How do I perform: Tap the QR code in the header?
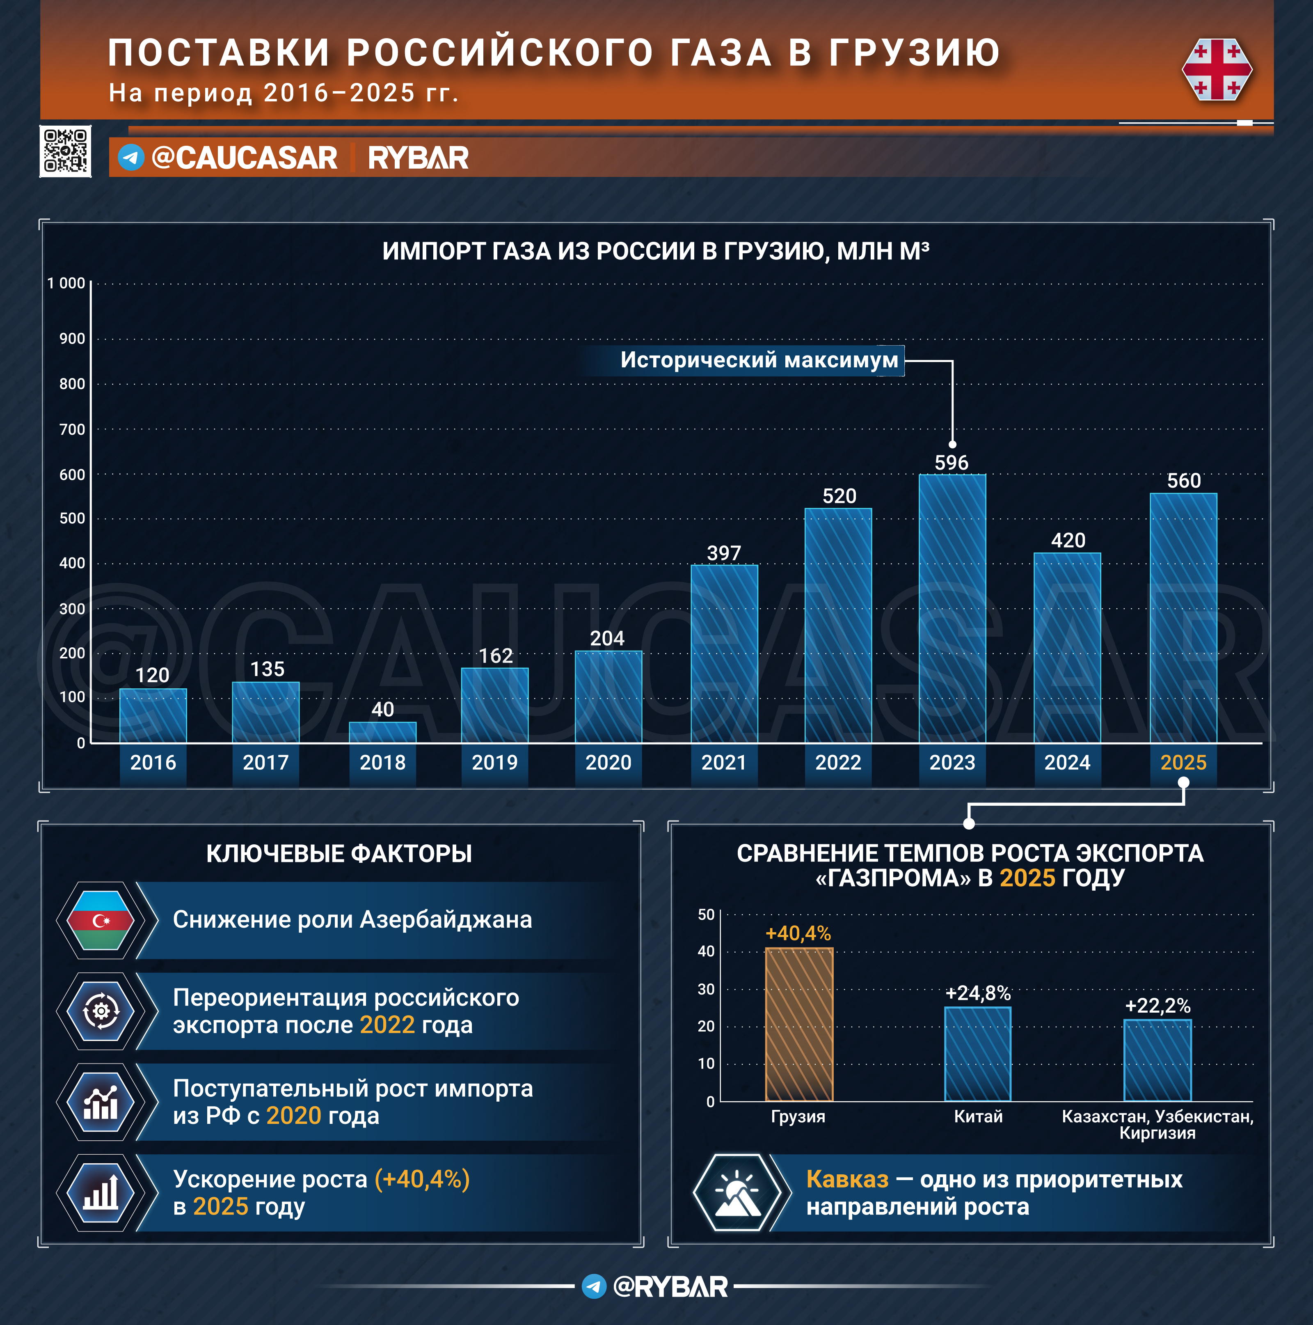pyautogui.click(x=65, y=151)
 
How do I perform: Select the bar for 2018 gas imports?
pyautogui.click(x=382, y=732)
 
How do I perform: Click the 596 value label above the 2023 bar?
pyautogui.click(x=952, y=463)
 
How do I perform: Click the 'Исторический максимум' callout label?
pyautogui.click(x=759, y=360)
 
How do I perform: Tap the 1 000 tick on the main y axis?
pyautogui.click(x=66, y=283)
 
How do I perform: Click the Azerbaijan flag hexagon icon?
pyautogui.click(x=101, y=920)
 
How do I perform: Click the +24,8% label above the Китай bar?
pyautogui.click(x=978, y=993)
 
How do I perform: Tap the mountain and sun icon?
pyautogui.click(x=737, y=1193)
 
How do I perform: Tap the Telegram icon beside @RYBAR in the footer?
pyautogui.click(x=594, y=1286)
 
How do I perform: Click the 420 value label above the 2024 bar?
pyautogui.click(x=1068, y=541)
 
